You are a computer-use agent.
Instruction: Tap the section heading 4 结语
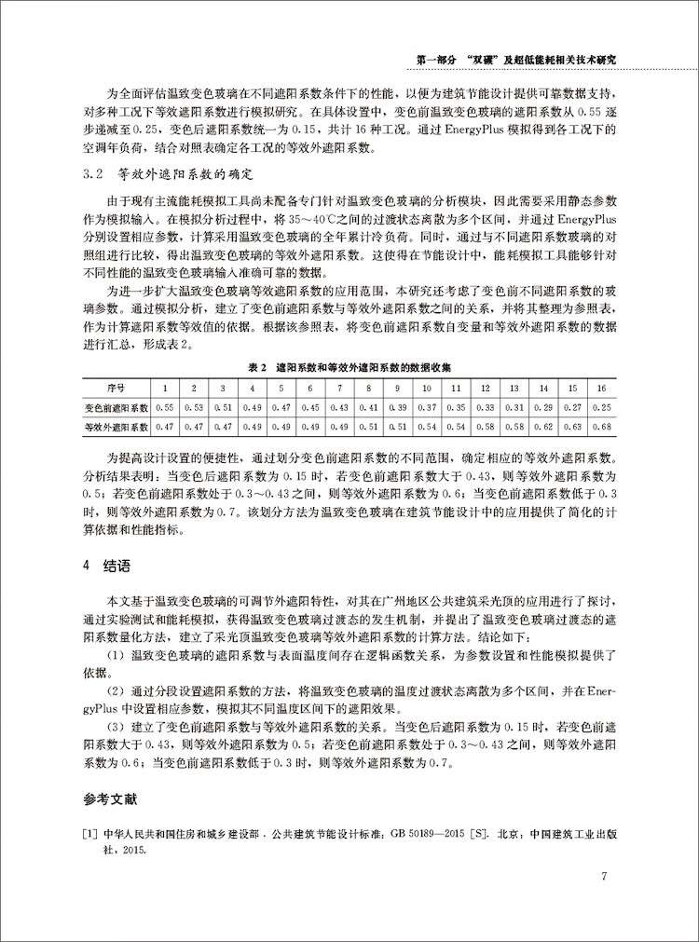pos(107,565)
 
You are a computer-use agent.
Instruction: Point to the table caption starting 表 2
pos(349,367)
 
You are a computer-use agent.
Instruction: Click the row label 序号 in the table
pos(117,388)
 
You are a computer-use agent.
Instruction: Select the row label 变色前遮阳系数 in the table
pos(117,407)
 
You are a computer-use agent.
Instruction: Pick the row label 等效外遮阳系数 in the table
pos(117,427)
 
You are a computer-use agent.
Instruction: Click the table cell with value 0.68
pos(601,427)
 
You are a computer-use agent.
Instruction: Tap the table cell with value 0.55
pos(165,407)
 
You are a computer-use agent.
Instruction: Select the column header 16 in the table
pos(601,388)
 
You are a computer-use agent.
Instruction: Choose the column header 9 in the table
pos(397,388)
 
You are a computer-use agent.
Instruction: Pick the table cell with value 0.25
pos(601,407)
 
